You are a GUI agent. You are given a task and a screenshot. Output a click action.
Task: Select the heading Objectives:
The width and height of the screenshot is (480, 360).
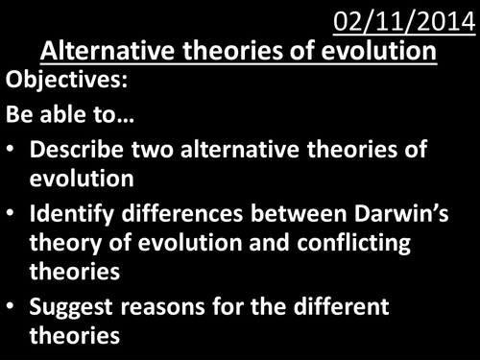click(67, 83)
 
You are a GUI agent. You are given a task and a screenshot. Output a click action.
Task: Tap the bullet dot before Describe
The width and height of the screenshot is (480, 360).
click(13, 153)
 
